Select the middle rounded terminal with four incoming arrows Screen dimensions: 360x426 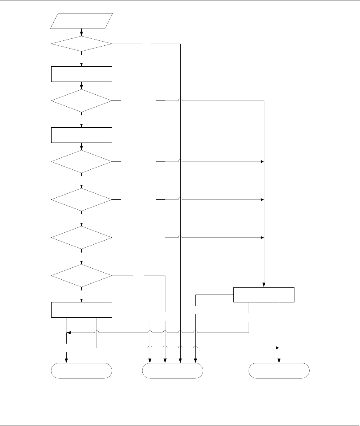point(173,370)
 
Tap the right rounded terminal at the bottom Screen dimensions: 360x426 point(279,370)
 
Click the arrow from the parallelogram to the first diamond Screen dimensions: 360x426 point(82,32)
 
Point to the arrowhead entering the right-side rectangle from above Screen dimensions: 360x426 point(264,285)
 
